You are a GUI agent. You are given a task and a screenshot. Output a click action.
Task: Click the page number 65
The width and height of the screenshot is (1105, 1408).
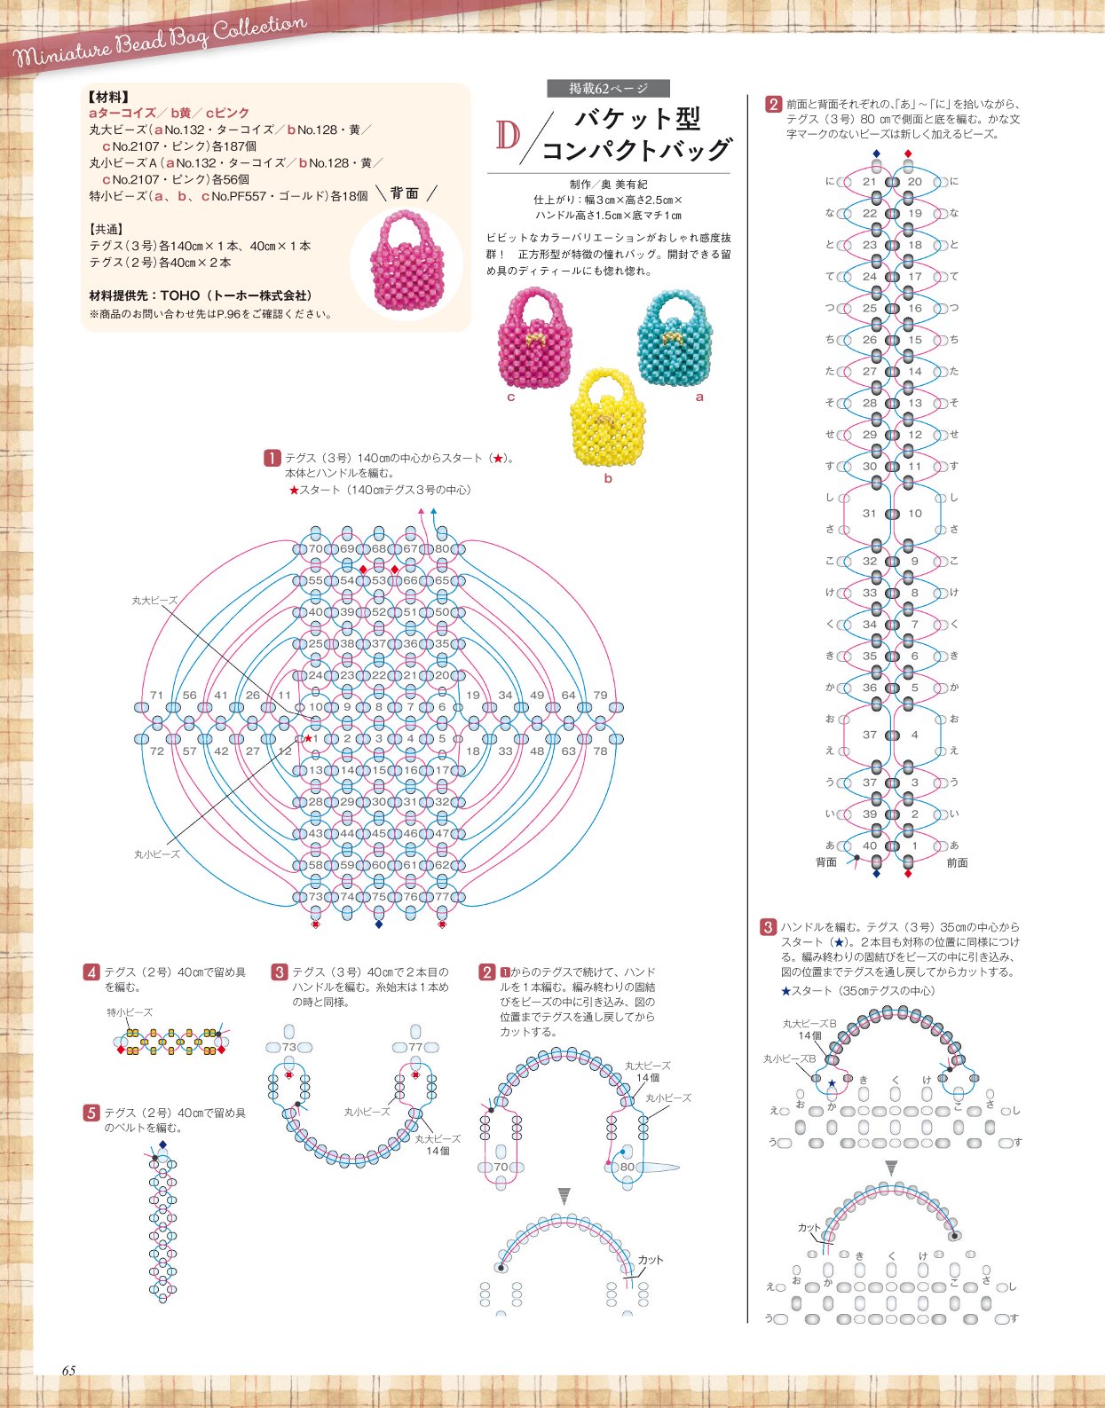68,1371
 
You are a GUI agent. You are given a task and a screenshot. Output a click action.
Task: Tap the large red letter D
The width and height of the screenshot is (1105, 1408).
508,135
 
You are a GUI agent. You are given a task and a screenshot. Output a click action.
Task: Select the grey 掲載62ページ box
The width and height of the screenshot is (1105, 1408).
608,88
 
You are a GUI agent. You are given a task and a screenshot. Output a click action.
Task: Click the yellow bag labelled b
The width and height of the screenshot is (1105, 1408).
607,417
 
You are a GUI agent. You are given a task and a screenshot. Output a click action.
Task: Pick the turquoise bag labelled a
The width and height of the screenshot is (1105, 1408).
675,338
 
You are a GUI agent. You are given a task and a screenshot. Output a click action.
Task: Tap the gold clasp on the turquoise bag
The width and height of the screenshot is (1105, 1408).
671,337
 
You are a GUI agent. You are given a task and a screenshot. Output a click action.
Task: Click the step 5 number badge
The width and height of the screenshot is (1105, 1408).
91,1113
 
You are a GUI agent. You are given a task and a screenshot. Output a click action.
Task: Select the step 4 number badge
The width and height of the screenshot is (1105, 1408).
91,971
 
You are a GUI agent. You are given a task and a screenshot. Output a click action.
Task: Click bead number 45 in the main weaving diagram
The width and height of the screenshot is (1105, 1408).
378,833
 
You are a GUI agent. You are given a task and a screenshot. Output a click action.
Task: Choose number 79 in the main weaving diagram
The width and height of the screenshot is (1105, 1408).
600,695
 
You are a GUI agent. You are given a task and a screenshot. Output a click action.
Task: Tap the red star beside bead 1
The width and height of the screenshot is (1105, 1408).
309,738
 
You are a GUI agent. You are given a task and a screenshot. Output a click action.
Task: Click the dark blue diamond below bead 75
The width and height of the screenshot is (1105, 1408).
379,924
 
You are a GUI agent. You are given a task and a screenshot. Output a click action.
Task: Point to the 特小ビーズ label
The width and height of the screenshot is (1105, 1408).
130,1012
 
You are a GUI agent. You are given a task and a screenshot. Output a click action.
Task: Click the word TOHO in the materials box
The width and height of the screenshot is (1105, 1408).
179,295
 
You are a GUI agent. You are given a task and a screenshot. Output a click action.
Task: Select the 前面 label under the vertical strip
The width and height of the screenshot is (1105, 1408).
957,862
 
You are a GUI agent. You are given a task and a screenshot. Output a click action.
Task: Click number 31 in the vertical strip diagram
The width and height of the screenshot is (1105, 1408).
869,513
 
